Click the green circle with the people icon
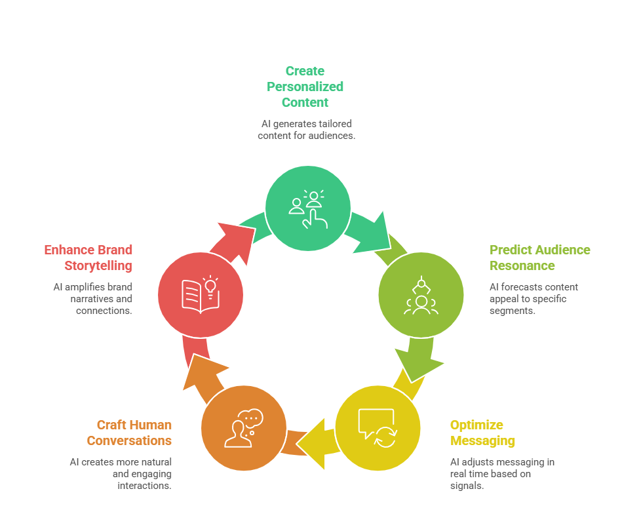pyautogui.click(x=307, y=208)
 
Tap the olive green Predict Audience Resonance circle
pyautogui.click(x=421, y=294)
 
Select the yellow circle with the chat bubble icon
pyautogui.click(x=377, y=429)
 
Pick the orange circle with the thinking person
pyautogui.click(x=243, y=429)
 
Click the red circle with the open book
pyautogui.click(x=201, y=294)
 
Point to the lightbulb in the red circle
pyautogui.click(x=210, y=286)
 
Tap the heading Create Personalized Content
pyautogui.click(x=305, y=87)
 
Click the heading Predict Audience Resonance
pyautogui.click(x=539, y=258)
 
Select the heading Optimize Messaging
pyautogui.click(x=482, y=433)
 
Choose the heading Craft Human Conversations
pyautogui.click(x=129, y=433)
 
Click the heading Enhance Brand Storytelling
pyautogui.click(x=88, y=258)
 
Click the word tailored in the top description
pyautogui.click(x=336, y=124)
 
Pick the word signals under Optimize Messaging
pyautogui.click(x=467, y=486)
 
